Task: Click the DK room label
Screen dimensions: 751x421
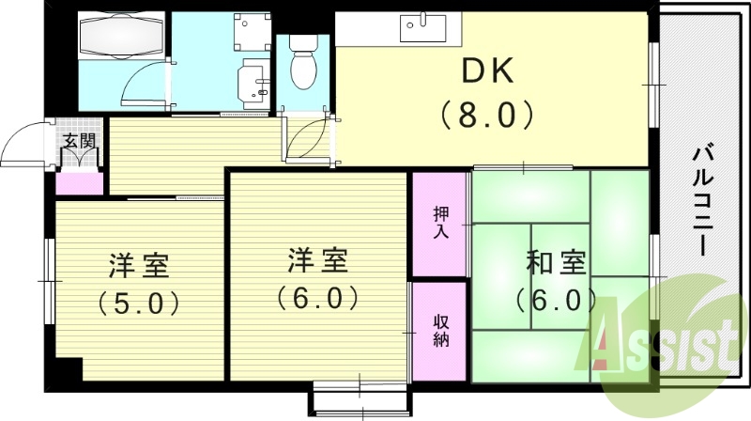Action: [x=487, y=70]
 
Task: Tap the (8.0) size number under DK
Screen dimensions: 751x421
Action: [x=487, y=114]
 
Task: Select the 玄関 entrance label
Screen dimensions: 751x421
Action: [x=80, y=141]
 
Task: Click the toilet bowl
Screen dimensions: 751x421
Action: [x=303, y=63]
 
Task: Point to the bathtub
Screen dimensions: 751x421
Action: [x=122, y=36]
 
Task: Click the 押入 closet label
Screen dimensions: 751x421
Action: [x=441, y=223]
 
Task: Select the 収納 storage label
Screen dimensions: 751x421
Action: [x=441, y=331]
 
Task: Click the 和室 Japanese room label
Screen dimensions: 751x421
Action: [x=557, y=263]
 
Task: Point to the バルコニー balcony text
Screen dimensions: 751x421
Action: [x=701, y=201]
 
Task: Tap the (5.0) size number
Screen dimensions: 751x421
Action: [x=138, y=302]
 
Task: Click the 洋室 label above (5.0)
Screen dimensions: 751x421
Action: [x=139, y=264]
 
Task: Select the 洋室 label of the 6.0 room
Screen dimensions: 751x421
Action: [x=318, y=259]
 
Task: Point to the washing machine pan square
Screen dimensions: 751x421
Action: [x=252, y=32]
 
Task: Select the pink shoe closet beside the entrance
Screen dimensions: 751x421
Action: [x=80, y=183]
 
